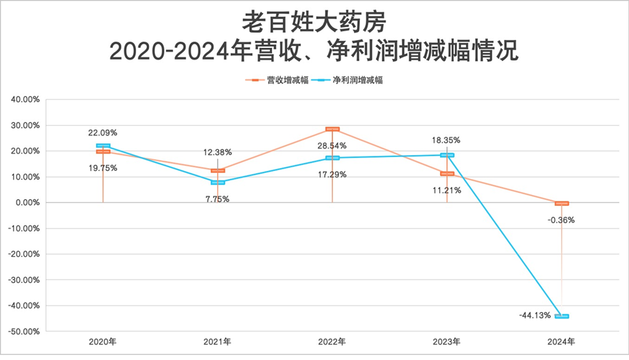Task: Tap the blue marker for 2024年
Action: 562,316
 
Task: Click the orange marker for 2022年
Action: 332,129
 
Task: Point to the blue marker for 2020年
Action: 103,146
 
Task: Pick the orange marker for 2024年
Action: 562,204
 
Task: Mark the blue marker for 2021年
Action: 217,183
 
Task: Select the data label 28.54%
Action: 332,146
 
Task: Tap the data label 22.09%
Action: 103,132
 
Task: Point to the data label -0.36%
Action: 561,220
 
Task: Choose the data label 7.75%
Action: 217,199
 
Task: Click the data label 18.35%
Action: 446,140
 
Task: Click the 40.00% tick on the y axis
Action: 25,100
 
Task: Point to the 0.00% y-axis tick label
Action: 27,202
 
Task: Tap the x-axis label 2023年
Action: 446,341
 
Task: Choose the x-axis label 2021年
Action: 217,341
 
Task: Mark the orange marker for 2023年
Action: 446,174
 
